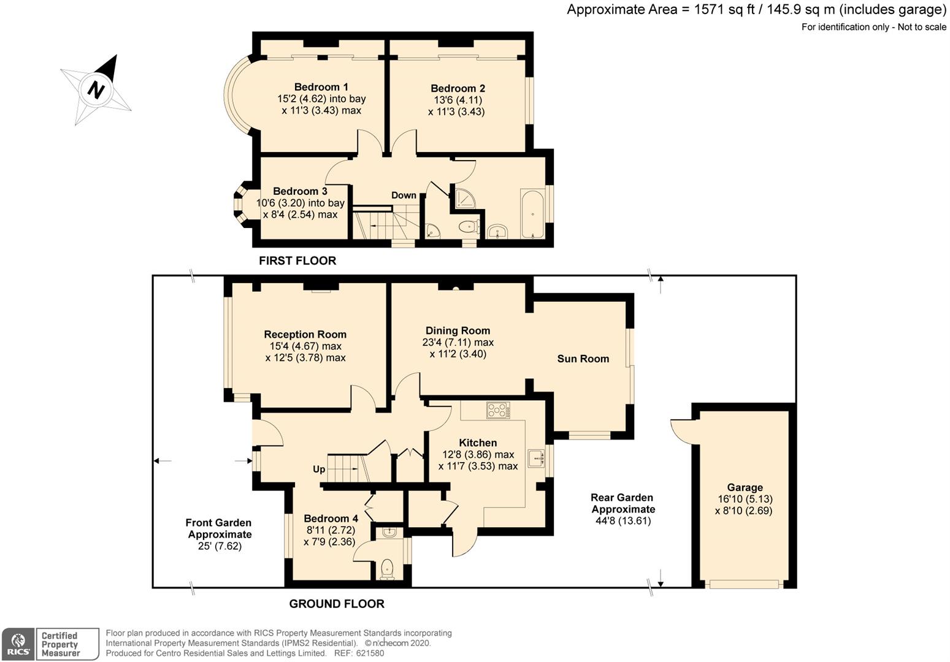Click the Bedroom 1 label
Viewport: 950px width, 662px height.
coord(321,87)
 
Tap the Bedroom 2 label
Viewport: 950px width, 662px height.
coord(458,88)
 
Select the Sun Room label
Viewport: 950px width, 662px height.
coord(583,359)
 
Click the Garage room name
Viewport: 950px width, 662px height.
coord(745,487)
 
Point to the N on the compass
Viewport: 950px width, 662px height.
coord(96,90)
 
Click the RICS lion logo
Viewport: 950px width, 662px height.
coord(18,644)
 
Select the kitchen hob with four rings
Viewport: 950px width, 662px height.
coord(498,410)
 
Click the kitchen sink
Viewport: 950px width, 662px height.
coord(537,458)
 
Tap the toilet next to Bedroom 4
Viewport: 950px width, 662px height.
coord(387,569)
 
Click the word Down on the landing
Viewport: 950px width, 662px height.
coord(404,196)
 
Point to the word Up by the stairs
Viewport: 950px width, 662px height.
coord(319,469)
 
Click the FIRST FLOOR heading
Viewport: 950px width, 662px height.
coord(297,261)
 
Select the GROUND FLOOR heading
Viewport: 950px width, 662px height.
coord(337,604)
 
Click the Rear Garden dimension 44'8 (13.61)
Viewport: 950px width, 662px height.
coord(623,520)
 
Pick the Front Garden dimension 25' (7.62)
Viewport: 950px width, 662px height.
coord(220,546)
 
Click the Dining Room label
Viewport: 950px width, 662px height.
coord(458,330)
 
